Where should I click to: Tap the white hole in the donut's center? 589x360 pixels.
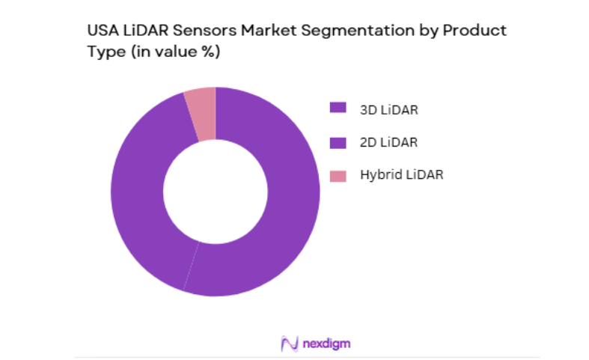pos(216,192)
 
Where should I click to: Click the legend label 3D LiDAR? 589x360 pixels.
pos(388,109)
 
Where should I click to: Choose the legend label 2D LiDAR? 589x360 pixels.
pos(388,142)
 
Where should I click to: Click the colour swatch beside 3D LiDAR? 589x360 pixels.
pos(338,109)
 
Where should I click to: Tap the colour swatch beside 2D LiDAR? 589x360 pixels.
pos(338,142)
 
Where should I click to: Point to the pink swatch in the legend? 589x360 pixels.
pos(338,176)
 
